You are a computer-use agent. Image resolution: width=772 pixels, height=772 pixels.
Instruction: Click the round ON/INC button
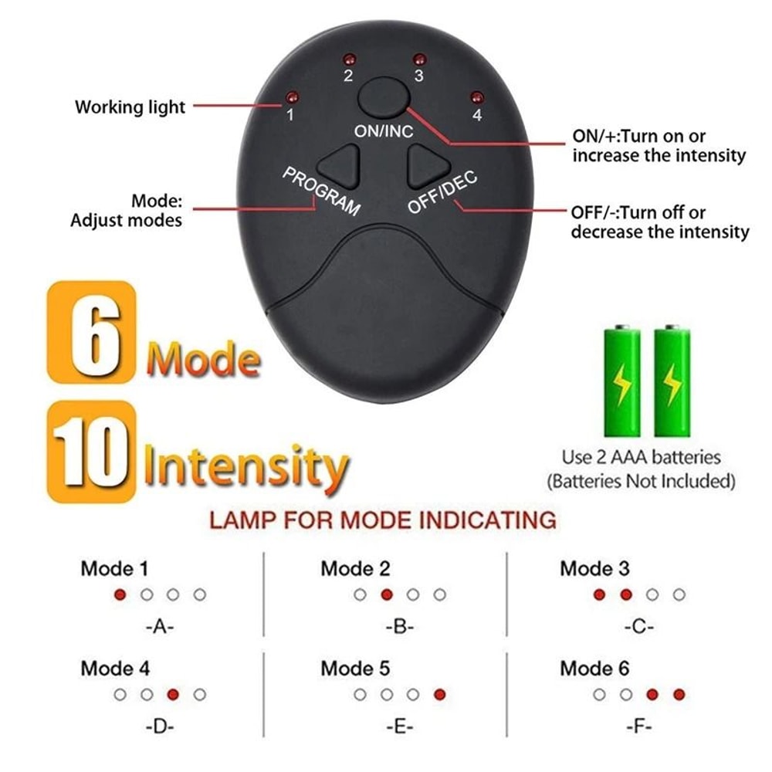pyautogui.click(x=384, y=98)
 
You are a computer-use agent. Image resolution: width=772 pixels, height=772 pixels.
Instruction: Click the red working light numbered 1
pyautogui.click(x=291, y=97)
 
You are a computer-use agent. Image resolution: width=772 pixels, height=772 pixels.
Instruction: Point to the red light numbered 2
pyautogui.click(x=348, y=59)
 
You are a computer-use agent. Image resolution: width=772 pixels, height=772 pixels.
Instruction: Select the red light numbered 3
pyautogui.click(x=419, y=59)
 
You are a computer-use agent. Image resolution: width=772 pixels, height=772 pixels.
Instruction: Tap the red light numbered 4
pyautogui.click(x=476, y=97)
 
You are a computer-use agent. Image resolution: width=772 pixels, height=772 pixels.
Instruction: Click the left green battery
pyautogui.click(x=621, y=382)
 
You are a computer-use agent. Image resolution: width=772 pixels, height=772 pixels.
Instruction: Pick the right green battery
pyautogui.click(x=672, y=382)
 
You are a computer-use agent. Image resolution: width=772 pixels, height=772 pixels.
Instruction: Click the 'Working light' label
pyautogui.click(x=130, y=107)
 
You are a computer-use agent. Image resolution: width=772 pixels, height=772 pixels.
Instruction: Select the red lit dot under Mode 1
pyautogui.click(x=120, y=594)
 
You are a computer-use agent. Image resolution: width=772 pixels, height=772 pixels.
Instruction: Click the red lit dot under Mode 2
pyautogui.click(x=387, y=594)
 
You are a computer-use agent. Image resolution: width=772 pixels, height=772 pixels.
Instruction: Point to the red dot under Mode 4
pyautogui.click(x=173, y=694)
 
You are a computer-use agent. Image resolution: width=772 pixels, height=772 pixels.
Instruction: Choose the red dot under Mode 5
pyautogui.click(x=440, y=694)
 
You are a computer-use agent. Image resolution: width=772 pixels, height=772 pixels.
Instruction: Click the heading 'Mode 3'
pyautogui.click(x=594, y=569)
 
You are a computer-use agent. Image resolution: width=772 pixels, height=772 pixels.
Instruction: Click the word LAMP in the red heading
pyautogui.click(x=244, y=520)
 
